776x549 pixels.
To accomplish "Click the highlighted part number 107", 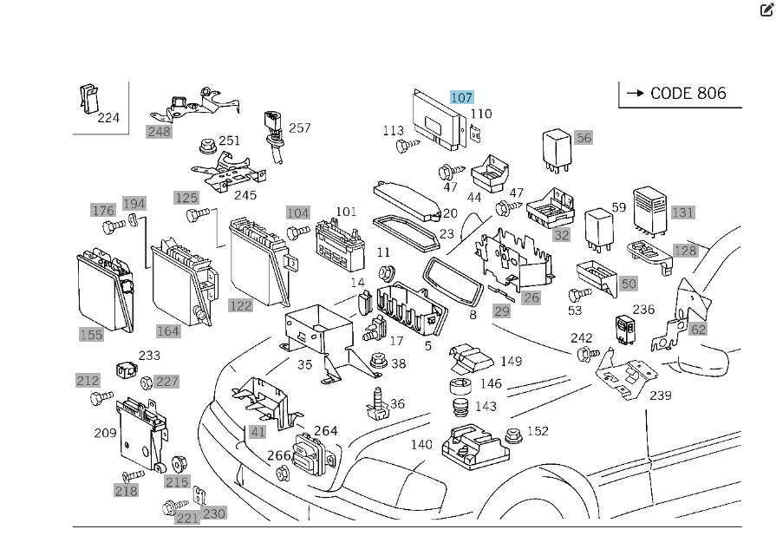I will tap(461, 97).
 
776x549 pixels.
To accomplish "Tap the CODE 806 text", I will tap(688, 94).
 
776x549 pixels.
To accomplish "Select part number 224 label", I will tap(108, 118).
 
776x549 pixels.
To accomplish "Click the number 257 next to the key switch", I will tap(299, 128).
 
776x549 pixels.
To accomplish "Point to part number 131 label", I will tap(683, 212).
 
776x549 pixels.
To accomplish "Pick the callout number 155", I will tap(91, 335).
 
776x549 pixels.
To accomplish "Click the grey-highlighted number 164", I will tap(168, 331).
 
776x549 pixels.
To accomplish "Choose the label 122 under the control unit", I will tap(241, 305).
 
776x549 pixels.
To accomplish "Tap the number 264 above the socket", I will tap(325, 431).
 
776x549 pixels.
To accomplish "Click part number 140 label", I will tap(421, 445).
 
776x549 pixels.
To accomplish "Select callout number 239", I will tap(661, 395).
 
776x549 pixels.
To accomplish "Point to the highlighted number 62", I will tap(698, 329).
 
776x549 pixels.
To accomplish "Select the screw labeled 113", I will tap(403, 147).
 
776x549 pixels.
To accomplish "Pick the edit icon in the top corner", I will tap(766, 10).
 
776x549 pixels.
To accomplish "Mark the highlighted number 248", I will tap(159, 132).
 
